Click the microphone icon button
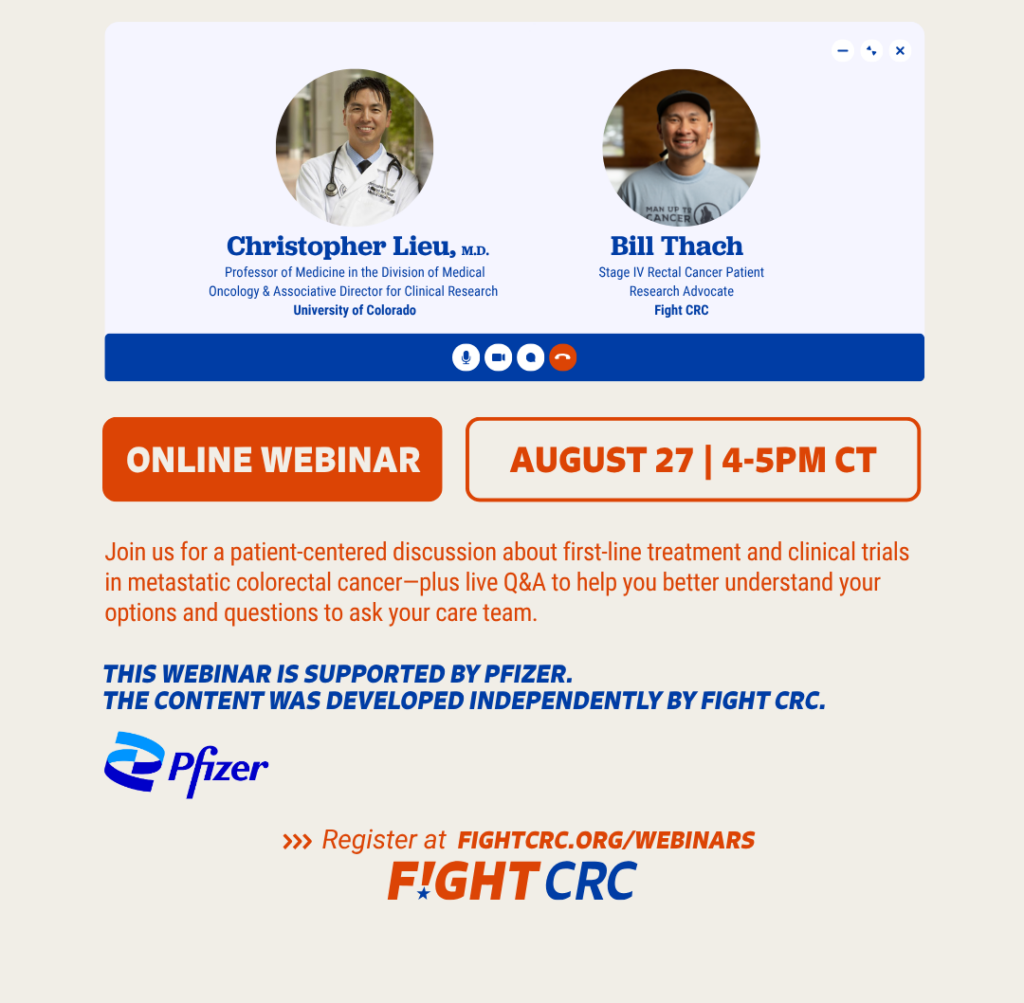[466, 357]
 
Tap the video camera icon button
[498, 357]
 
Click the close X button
[900, 50]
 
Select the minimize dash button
[842, 50]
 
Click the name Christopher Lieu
[341, 246]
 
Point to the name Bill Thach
[677, 246]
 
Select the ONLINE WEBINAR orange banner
[272, 459]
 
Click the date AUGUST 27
[601, 460]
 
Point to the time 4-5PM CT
[799, 460]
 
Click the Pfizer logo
[186, 765]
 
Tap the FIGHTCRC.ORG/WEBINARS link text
[606, 840]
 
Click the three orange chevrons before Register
[297, 841]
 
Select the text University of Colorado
[355, 310]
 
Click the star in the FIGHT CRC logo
[423, 892]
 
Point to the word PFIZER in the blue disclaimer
[528, 674]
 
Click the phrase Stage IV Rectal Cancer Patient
[681, 272]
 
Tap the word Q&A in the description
[524, 582]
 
